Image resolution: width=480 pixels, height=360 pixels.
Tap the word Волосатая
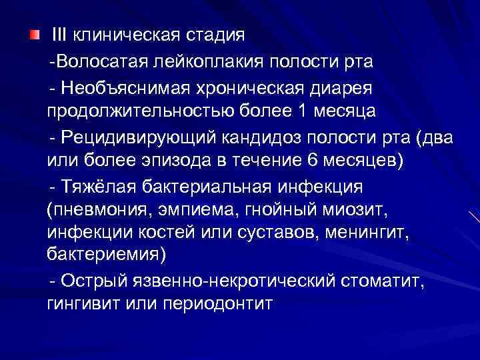(93, 62)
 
